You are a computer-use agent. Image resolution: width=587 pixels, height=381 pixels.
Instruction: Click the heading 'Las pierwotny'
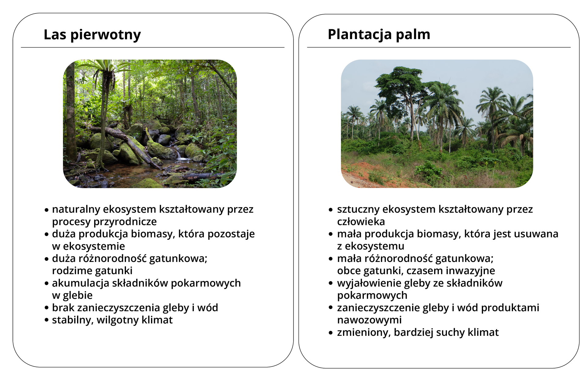(x=92, y=34)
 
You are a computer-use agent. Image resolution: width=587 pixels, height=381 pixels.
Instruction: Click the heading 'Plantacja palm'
(x=379, y=34)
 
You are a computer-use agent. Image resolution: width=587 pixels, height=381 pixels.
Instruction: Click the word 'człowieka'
(x=361, y=222)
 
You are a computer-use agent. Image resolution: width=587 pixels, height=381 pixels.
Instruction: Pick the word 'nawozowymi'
(x=369, y=320)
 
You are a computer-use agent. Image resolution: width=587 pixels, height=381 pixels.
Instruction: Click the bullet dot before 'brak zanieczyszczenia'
(x=46, y=308)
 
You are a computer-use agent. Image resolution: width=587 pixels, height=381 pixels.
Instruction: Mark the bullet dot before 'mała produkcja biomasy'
(x=330, y=234)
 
